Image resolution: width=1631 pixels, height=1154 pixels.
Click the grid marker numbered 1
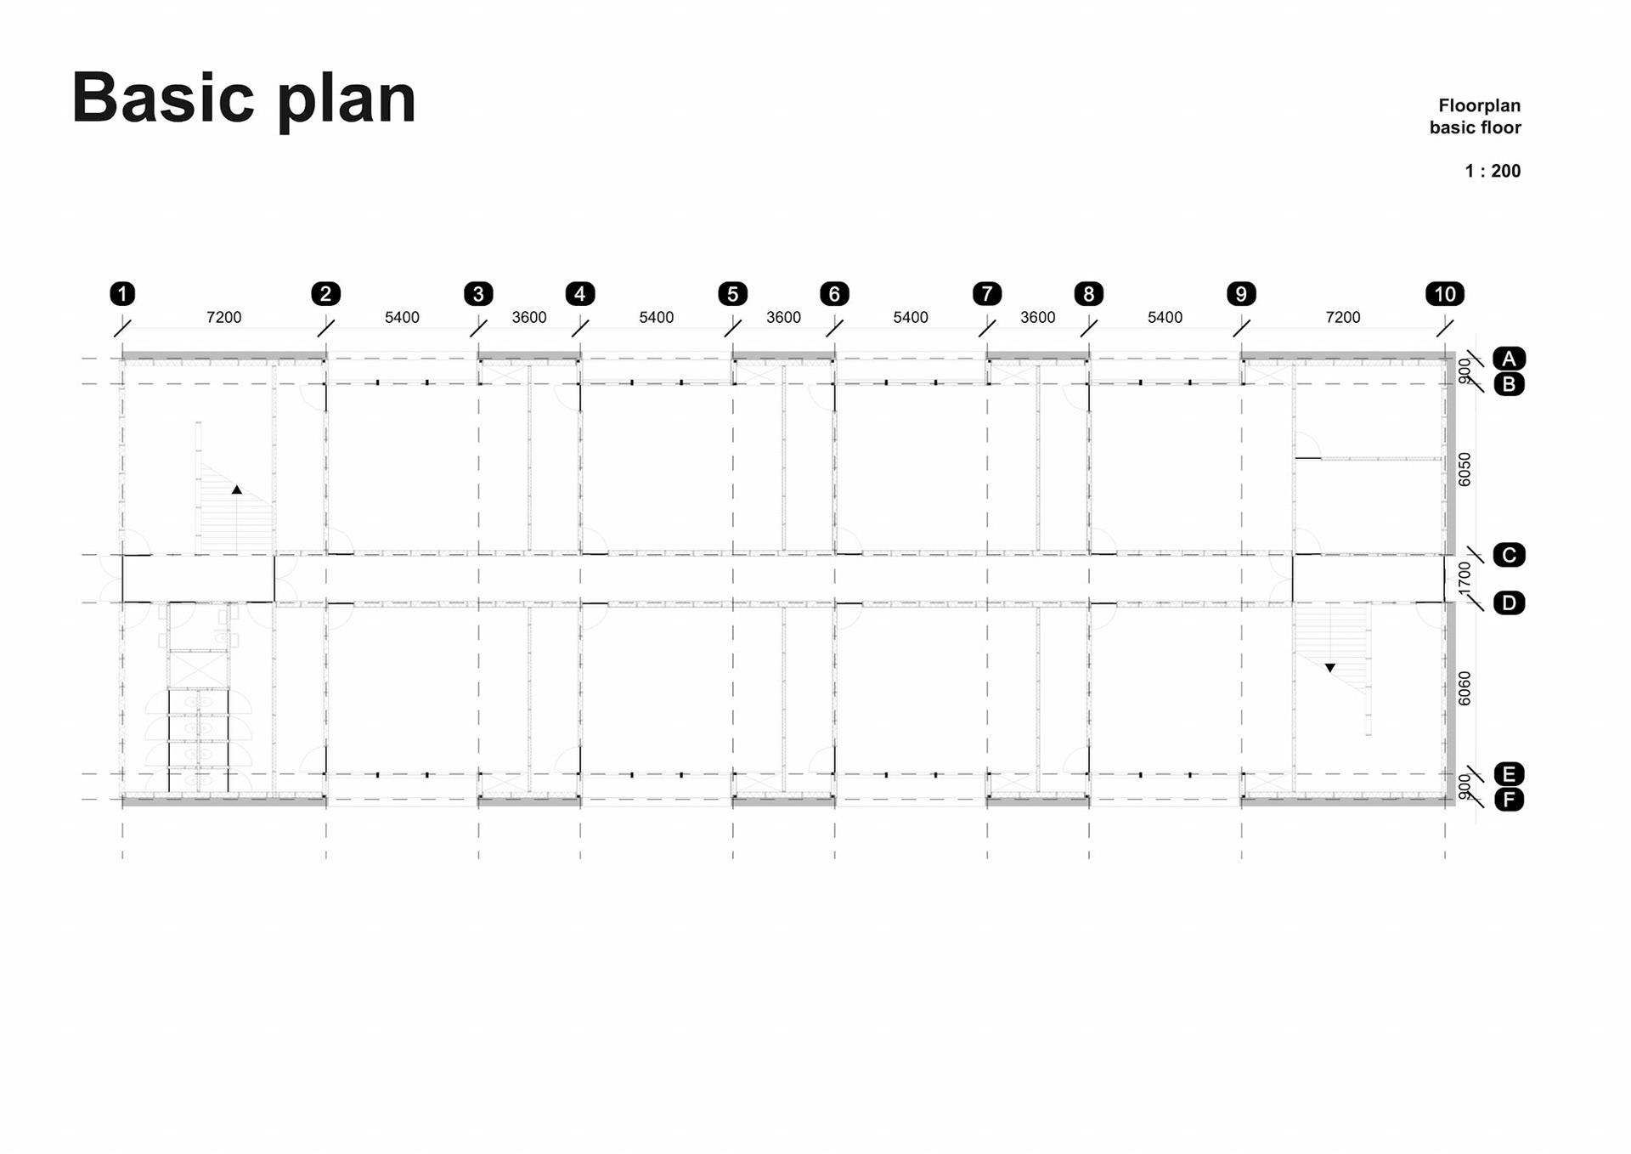click(x=122, y=294)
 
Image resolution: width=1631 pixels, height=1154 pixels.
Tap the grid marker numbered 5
click(x=732, y=294)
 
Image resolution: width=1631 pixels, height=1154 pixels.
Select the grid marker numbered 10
click(x=1444, y=294)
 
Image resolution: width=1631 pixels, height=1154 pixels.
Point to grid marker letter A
click(x=1509, y=359)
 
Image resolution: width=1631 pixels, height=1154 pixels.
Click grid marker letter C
click(x=1509, y=555)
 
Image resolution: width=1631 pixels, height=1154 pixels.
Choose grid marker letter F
click(x=1509, y=800)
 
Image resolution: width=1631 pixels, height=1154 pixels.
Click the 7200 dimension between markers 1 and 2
click(x=223, y=317)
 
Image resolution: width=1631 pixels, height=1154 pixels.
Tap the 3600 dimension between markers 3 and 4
click(x=528, y=317)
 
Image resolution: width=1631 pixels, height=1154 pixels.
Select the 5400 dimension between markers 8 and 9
click(x=1164, y=317)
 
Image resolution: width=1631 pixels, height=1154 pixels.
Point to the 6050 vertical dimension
click(x=1464, y=469)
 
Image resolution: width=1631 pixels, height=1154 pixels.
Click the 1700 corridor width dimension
click(x=1464, y=579)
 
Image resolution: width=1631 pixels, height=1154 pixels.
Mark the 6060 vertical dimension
click(x=1464, y=688)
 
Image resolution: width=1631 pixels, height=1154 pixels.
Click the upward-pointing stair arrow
click(x=237, y=489)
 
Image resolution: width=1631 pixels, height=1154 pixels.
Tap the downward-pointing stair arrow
click(x=1330, y=668)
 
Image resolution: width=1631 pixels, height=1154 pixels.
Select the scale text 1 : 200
click(x=1493, y=171)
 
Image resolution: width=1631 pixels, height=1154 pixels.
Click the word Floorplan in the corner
click(x=1479, y=105)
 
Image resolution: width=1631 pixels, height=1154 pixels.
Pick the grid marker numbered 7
click(x=986, y=294)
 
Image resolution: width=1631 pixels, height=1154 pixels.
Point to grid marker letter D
click(x=1509, y=603)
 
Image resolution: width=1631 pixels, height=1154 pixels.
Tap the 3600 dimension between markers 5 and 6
click(x=783, y=317)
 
